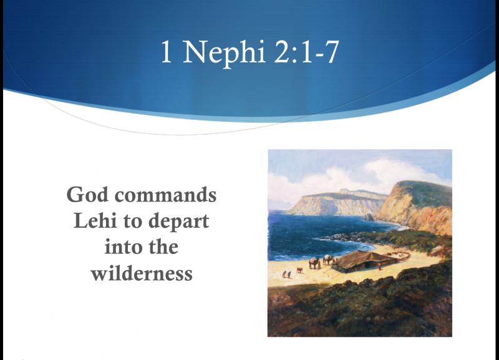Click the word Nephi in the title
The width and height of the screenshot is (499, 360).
224,52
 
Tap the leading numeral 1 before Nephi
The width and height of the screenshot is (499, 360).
167,52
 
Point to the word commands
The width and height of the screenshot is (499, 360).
165,195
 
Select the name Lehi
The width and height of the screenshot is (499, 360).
95,221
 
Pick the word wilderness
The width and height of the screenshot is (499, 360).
142,273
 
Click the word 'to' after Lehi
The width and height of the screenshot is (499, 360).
133,221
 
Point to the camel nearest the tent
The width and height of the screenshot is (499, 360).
329,260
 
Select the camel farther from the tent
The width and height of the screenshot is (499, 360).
314,263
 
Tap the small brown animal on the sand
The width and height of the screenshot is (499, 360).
300,270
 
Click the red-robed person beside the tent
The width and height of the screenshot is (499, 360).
379,267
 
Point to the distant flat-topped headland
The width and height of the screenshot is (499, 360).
337,202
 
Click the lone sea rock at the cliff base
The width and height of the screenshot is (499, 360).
370,216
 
